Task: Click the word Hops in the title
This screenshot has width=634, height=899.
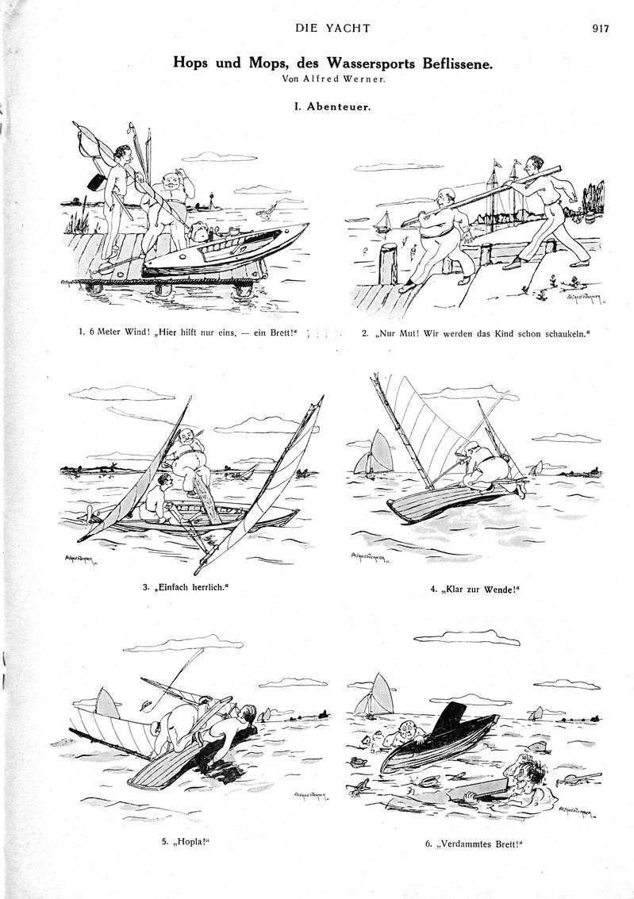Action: click(190, 63)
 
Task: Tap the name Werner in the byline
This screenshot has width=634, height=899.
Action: click(366, 79)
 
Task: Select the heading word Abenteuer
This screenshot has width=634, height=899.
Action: click(339, 106)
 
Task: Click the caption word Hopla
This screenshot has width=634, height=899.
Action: click(190, 842)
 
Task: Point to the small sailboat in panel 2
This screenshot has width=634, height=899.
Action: click(383, 222)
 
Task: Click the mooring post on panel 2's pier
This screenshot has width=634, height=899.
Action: click(389, 263)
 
